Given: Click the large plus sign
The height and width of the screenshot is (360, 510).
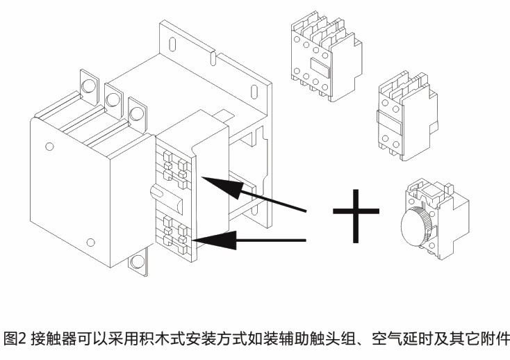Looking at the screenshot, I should [356, 210].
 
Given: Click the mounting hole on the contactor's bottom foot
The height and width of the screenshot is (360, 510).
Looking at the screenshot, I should [138, 263].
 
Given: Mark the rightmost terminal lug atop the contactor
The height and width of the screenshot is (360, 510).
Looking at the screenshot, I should [137, 110].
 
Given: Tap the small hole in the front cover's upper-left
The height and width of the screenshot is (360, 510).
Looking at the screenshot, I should [48, 147].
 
